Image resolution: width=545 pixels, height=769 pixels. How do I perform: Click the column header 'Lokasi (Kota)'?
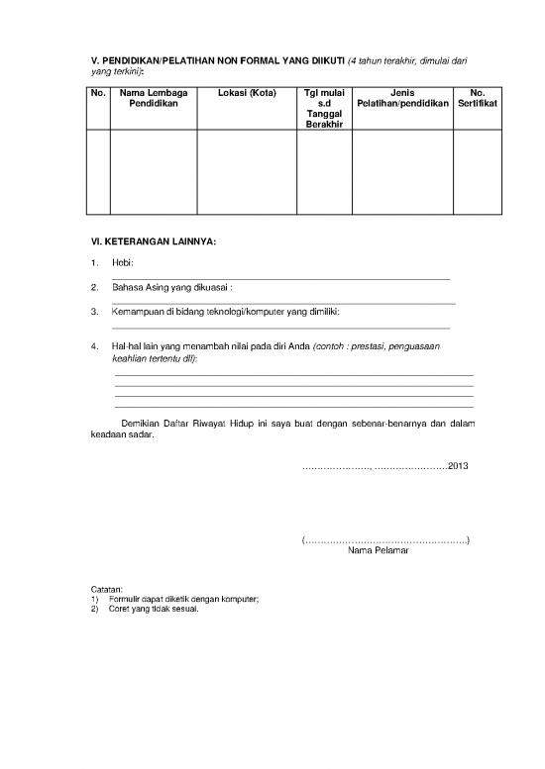(x=247, y=93)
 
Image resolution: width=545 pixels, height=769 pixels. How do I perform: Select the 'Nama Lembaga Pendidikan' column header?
(x=153, y=99)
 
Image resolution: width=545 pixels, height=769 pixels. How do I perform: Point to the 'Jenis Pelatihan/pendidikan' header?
(x=402, y=99)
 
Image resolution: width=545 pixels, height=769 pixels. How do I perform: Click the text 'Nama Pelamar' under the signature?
(x=382, y=550)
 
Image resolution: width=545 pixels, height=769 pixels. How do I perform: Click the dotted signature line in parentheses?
(x=384, y=539)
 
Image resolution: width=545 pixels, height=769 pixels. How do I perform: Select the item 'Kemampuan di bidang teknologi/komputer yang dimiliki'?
(x=226, y=313)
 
